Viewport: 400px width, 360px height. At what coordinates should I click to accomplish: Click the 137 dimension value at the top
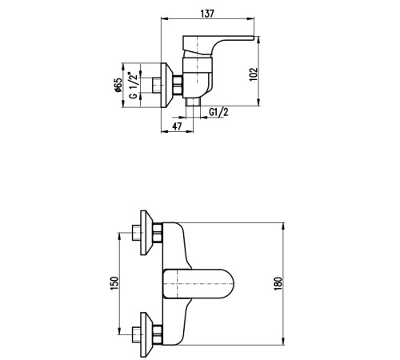coord(207,14)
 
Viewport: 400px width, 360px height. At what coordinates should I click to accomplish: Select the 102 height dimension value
coord(254,74)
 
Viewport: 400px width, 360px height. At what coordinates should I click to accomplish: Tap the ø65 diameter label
coord(118,85)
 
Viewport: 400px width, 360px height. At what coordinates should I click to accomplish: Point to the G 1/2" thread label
coord(134,85)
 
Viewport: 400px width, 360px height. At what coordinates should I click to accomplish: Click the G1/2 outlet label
coord(218,112)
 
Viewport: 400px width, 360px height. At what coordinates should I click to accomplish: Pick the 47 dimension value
coord(177,126)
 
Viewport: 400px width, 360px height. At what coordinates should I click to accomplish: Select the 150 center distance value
coord(114,283)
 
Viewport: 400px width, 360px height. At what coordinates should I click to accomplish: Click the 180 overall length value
coord(278,284)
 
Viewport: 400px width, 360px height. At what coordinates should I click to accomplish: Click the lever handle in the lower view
coord(198,284)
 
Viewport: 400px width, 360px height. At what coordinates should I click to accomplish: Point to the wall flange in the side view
coord(167,86)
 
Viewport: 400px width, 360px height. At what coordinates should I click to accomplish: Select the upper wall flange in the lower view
coord(146,233)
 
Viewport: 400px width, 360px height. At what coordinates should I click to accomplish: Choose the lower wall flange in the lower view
coord(146,335)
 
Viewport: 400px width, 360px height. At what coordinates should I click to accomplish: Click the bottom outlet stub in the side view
coord(193,102)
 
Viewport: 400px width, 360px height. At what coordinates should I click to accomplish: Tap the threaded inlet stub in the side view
coord(157,86)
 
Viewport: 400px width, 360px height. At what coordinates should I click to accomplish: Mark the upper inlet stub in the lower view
coord(136,233)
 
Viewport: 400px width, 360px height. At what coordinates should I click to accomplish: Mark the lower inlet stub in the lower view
coord(136,335)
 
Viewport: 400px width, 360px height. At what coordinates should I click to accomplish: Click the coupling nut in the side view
coord(178,85)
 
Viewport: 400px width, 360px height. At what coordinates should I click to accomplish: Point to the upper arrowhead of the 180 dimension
coord(283,226)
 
